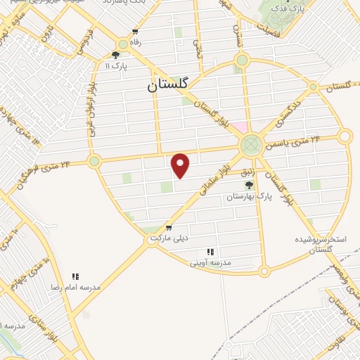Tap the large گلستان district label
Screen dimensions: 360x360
tap(169, 85)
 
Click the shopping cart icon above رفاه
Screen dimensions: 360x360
tap(135, 33)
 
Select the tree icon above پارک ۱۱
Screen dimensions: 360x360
tap(116, 55)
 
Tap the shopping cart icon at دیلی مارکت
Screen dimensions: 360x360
tap(169, 228)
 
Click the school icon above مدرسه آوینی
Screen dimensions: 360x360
tap(210, 252)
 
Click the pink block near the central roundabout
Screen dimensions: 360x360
tap(240, 127)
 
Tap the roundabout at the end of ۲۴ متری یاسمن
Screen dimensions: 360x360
tap(345, 136)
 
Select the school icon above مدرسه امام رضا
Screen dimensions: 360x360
tap(75, 277)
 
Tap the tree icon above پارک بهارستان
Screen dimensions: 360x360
tap(249, 185)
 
